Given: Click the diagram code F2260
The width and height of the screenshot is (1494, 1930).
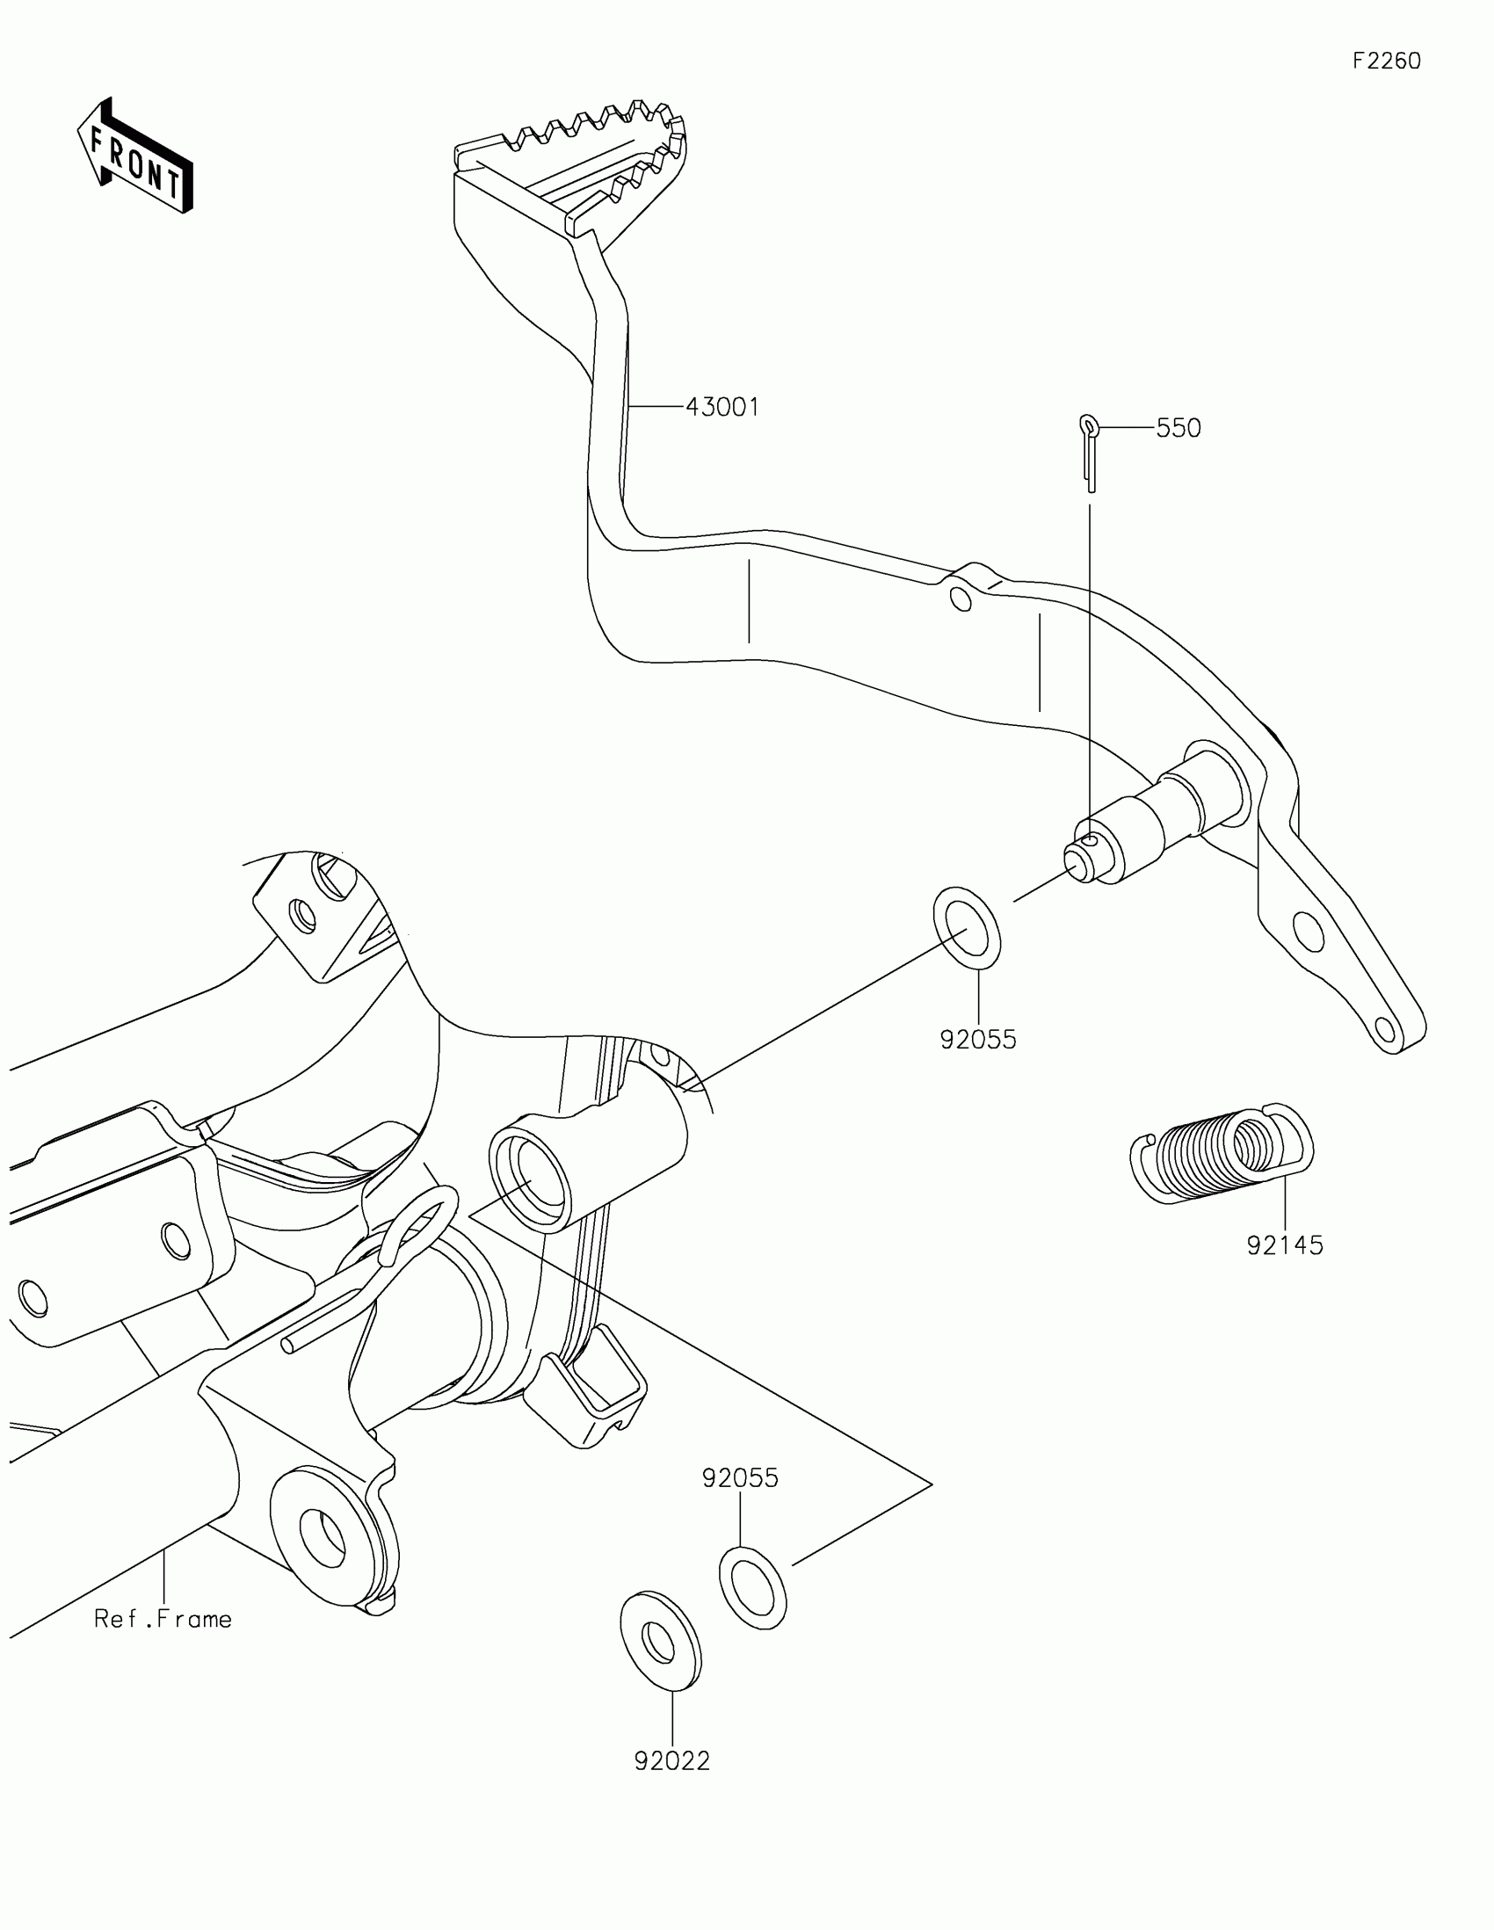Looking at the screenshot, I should (1386, 61).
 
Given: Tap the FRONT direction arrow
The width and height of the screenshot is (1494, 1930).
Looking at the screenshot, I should (134, 157).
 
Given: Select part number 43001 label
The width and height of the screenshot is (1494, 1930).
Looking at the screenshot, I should (722, 408).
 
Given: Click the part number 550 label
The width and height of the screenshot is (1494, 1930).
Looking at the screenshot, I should (1179, 429).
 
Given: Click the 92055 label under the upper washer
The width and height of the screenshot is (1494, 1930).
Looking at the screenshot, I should (978, 1040).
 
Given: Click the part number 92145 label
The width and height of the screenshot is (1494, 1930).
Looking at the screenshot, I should (1285, 1246).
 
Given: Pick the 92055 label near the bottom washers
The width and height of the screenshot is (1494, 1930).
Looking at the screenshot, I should (740, 1478).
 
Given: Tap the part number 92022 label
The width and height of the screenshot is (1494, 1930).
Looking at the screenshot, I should (671, 1761).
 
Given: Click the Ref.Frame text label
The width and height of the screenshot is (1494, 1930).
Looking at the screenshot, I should (163, 1619).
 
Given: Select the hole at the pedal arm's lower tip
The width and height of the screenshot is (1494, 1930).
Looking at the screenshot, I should (1385, 1030).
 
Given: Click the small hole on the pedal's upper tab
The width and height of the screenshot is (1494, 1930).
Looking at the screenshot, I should (961, 601).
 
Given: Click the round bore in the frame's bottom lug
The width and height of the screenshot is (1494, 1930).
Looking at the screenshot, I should (323, 1538).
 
